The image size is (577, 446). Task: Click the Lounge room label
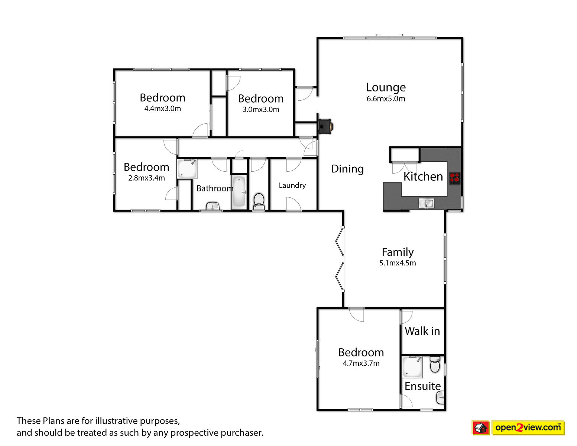pos(386,87)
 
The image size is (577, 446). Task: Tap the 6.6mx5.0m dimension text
pos(386,98)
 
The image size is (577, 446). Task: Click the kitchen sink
pos(427,204)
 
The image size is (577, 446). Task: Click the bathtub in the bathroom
pos(239,192)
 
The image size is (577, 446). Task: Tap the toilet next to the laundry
pos(259,202)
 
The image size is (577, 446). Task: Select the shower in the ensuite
pos(412,367)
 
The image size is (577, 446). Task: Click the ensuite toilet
pos(435,365)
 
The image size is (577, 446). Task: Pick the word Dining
pos(347,169)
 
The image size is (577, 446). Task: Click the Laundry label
pos(292,185)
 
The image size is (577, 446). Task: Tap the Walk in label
pos(422,331)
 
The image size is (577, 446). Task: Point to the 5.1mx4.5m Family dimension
pos(398,263)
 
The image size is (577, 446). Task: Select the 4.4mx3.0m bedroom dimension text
pos(162,109)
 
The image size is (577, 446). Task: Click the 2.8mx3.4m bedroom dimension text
pos(146,178)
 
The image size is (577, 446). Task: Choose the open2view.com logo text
pos(528,427)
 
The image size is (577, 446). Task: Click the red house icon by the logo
pos(481,428)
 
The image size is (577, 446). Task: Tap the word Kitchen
pos(423,177)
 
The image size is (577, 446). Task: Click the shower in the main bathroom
pos(187,168)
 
